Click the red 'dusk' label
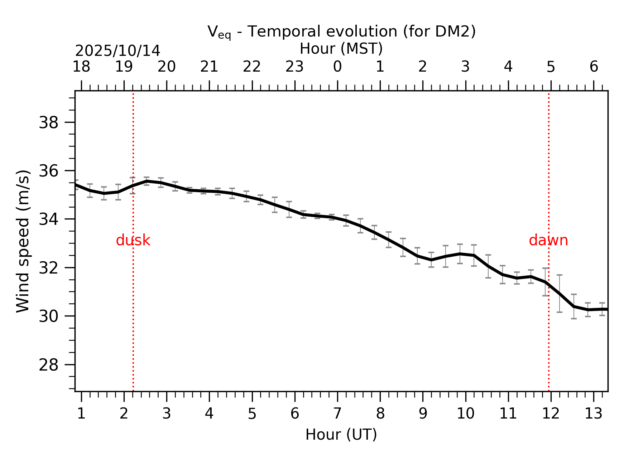coord(133,240)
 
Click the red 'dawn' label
coord(548,240)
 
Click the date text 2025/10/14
coord(117,51)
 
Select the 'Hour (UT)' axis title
coord(341,435)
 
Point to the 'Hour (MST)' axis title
coord(341,49)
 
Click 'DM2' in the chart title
coord(453,32)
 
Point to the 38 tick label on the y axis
coord(48,123)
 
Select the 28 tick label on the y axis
coord(48,365)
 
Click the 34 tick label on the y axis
coord(48,219)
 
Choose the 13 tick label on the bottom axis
coord(593,414)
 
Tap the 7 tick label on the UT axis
coord(337,414)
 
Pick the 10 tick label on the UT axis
coord(465,414)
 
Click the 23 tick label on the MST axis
coord(294,67)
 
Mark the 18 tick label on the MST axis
coord(81,67)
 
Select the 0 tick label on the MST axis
coord(337,67)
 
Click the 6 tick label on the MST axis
coord(594,67)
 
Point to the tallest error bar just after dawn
coord(560,293)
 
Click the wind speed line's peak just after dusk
coord(147,181)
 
